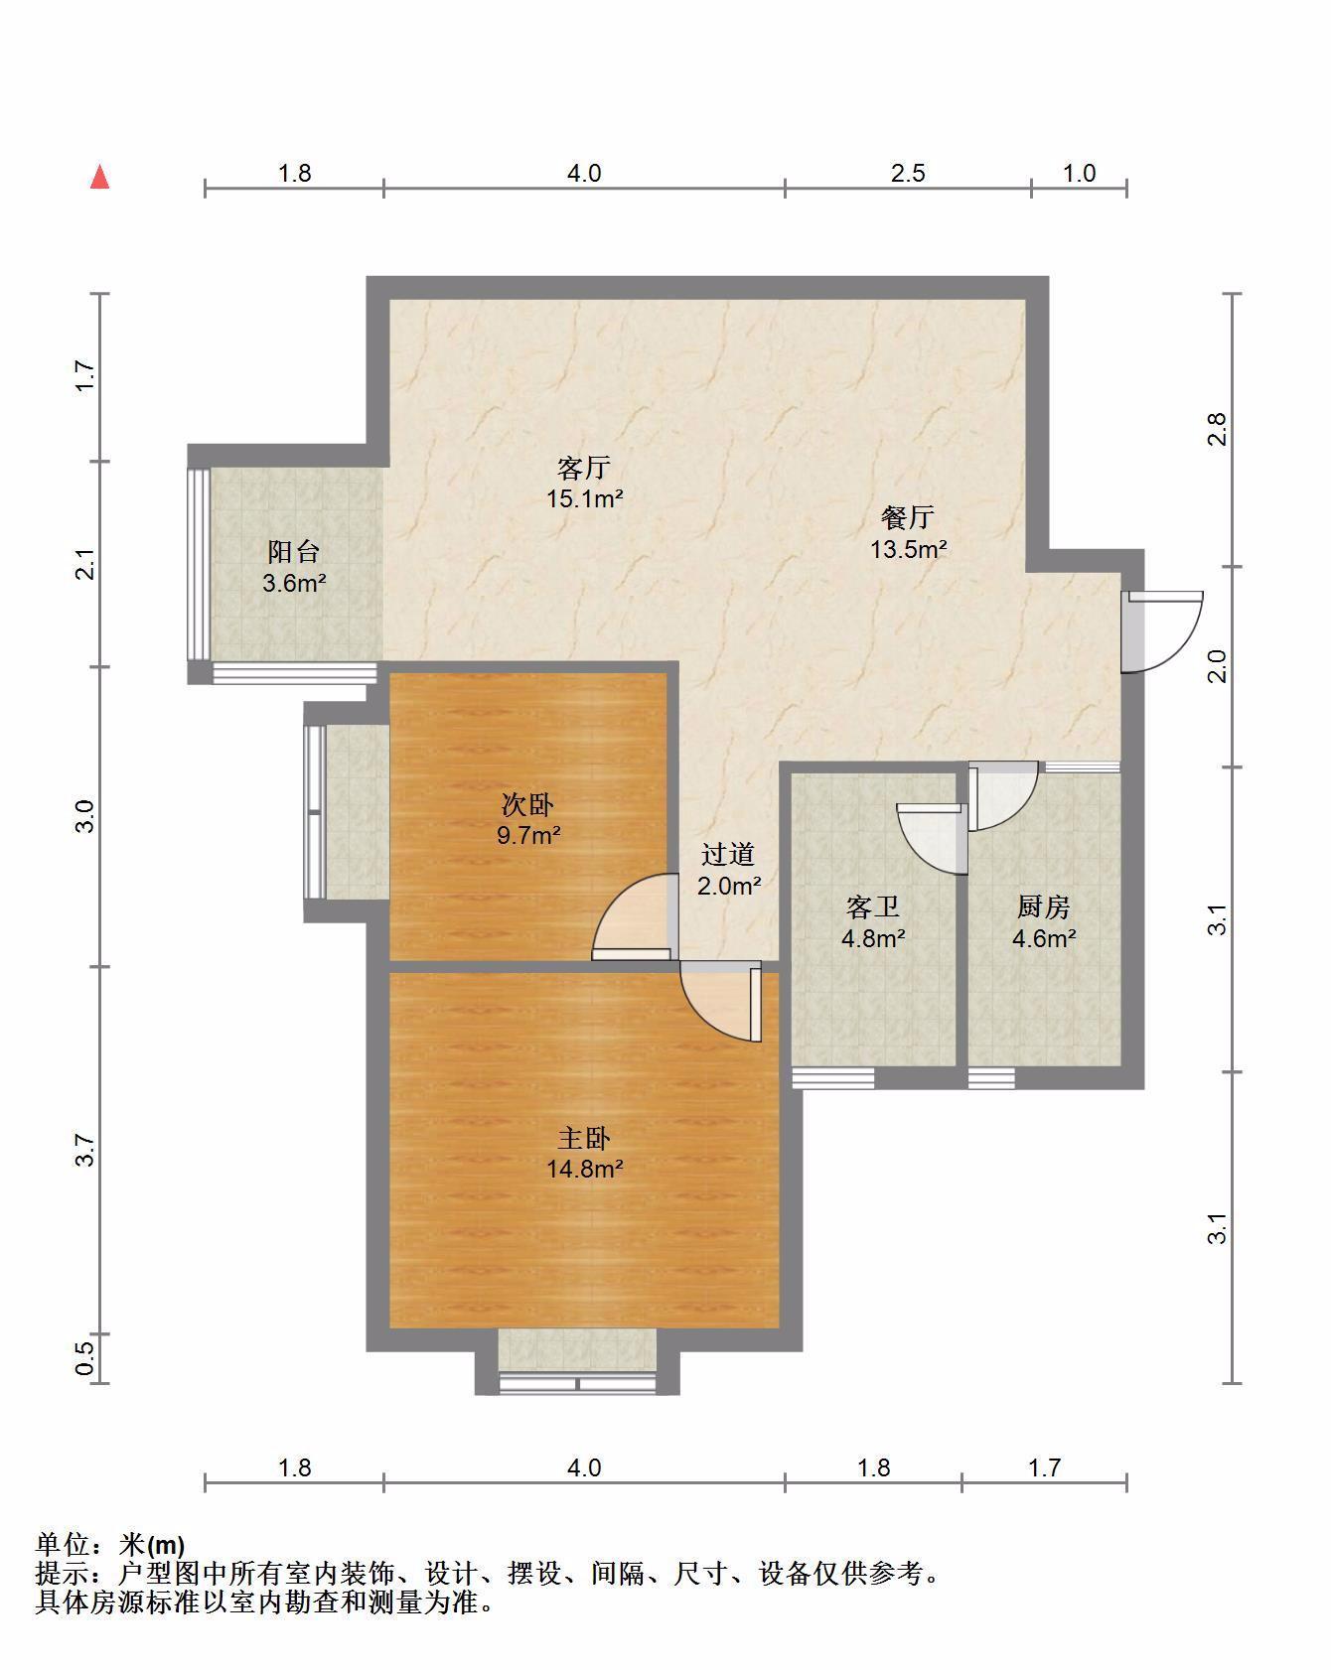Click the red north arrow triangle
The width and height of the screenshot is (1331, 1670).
pos(99,177)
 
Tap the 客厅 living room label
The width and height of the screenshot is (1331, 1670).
pos(584,468)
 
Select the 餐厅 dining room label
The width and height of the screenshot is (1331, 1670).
pos(908,517)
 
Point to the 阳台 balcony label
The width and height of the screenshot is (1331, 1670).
pos(294,552)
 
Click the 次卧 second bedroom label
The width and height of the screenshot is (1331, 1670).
pos(528,803)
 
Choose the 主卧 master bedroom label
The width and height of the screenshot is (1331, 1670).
pos(584,1138)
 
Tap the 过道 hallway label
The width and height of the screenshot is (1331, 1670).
pos(728,854)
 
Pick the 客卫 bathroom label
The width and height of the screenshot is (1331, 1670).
pos(873,906)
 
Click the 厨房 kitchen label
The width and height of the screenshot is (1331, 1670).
pos(1044,906)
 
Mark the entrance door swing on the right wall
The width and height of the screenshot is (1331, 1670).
pos(1162,631)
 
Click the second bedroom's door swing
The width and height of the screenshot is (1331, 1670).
pos(631,915)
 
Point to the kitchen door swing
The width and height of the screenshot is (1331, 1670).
pos(1003,794)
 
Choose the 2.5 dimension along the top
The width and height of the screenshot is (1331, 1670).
pos(908,174)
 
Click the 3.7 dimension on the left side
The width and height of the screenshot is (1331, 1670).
pos(85,1150)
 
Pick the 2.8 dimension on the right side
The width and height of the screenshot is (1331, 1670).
pos(1218,429)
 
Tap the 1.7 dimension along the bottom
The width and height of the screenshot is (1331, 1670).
pos(1044,1467)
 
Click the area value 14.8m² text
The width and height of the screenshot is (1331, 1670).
pos(584,1169)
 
